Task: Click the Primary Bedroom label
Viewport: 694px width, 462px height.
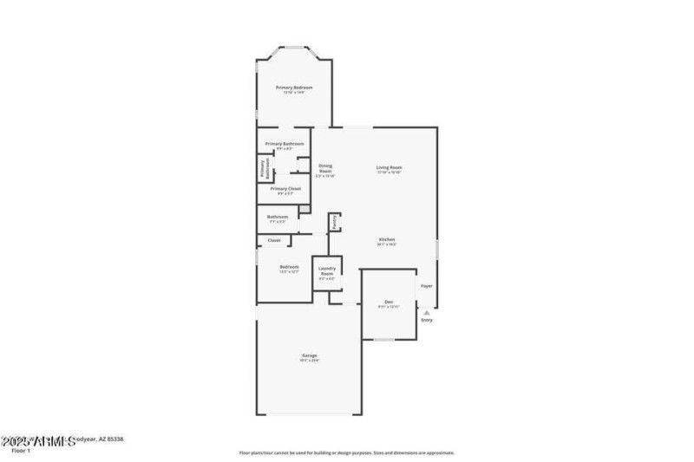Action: pyautogui.click(x=294, y=88)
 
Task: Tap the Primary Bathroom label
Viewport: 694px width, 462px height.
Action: pyautogui.click(x=285, y=143)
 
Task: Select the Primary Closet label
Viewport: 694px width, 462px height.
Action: pyautogui.click(x=285, y=188)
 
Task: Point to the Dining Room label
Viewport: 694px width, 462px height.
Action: pyautogui.click(x=325, y=168)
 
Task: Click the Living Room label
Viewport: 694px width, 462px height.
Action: pyautogui.click(x=389, y=167)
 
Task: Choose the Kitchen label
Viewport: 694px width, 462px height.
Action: pyautogui.click(x=387, y=239)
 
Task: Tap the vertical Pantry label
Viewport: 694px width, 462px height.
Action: pyautogui.click(x=333, y=223)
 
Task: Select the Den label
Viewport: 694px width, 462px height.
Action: pyautogui.click(x=389, y=302)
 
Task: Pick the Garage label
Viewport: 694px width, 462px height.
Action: pyautogui.click(x=309, y=355)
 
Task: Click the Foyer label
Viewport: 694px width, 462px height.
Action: pyautogui.click(x=426, y=285)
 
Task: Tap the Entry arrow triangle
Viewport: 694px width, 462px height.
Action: pyautogui.click(x=426, y=313)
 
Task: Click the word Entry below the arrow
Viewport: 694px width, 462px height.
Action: pyautogui.click(x=426, y=321)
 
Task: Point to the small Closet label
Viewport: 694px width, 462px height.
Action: pyautogui.click(x=273, y=240)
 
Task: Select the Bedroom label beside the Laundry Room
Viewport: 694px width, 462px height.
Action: pyautogui.click(x=289, y=266)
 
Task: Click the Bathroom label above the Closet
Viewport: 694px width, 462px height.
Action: pyautogui.click(x=278, y=217)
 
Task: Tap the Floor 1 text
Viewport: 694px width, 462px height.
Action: pyautogui.click(x=22, y=451)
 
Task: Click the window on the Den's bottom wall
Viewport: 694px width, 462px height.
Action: pyautogui.click(x=384, y=340)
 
